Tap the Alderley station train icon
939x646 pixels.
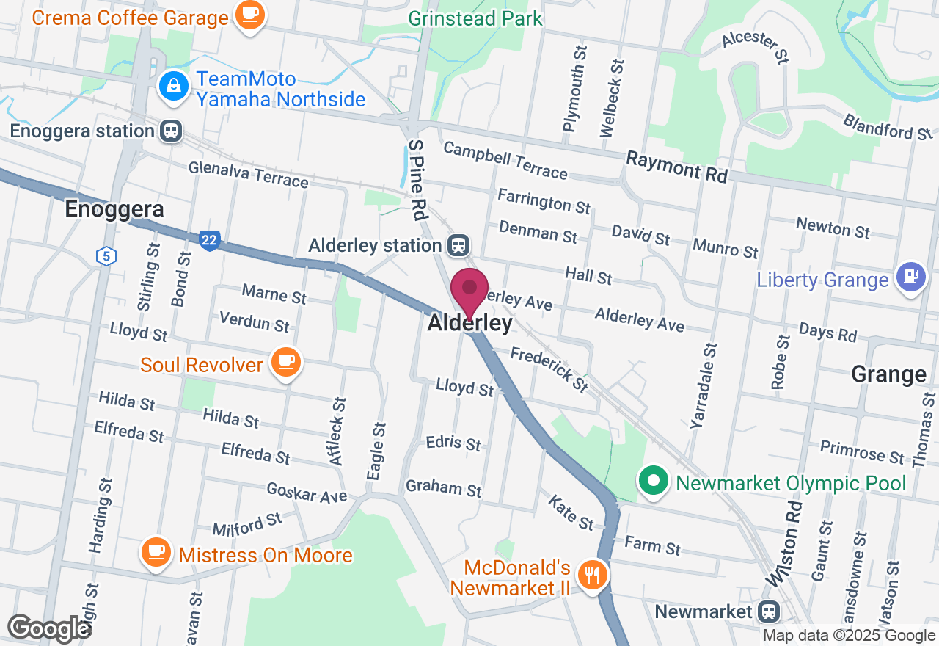pos(459,245)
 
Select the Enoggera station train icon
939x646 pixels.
pos(171,131)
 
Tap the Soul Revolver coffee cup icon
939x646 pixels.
pos(285,362)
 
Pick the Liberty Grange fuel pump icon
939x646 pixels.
pos(911,277)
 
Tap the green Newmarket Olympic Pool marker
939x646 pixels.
pos(653,482)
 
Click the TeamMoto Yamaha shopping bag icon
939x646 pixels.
pos(174,87)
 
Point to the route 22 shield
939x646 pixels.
pos(209,240)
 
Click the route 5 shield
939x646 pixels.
pos(106,256)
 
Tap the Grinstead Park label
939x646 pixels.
pos(475,18)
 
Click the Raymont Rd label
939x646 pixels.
pos(676,167)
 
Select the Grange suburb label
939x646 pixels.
pos(888,374)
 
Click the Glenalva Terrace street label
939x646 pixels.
pos(248,174)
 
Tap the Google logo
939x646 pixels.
pos(49,628)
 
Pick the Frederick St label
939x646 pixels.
pos(549,369)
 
